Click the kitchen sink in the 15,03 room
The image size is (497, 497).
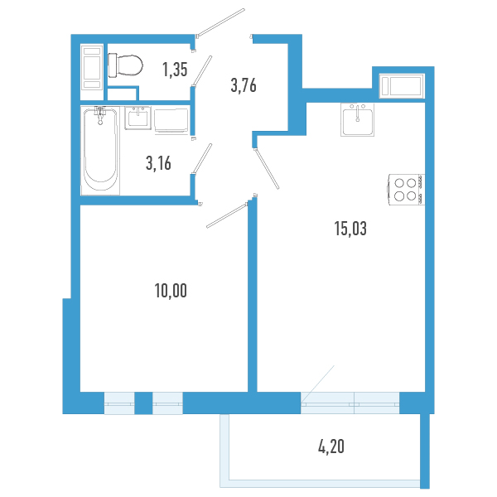[x=359, y=121]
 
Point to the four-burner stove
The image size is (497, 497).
[x=405, y=190]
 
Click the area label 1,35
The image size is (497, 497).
[x=175, y=70]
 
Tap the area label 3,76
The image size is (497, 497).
[x=243, y=84]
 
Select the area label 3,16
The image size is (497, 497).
[x=157, y=163]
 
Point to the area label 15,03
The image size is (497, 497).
[x=344, y=229]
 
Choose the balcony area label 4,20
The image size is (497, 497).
[x=331, y=448]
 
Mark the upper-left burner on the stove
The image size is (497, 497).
[x=398, y=183]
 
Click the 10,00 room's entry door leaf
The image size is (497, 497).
[x=225, y=213]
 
